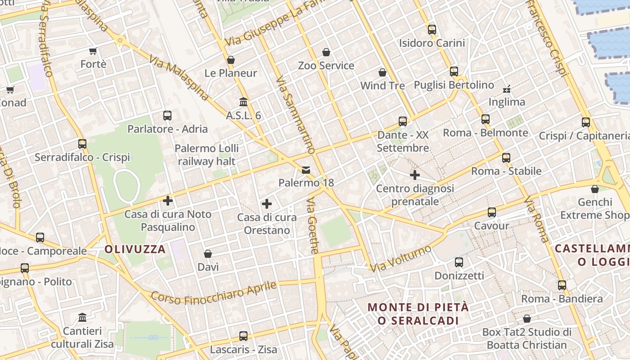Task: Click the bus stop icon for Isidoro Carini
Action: [432, 30]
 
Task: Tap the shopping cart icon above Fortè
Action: [93, 51]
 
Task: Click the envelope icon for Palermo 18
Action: [306, 170]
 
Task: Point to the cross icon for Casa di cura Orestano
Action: [267, 204]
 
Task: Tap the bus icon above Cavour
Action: [492, 212]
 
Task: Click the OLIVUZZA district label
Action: [135, 249]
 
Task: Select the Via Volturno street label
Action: [400, 258]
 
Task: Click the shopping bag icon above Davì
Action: [208, 254]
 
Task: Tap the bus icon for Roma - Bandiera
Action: [562, 285]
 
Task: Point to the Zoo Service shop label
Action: [326, 66]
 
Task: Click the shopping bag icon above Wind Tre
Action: [382, 72]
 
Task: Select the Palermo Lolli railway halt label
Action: [207, 154]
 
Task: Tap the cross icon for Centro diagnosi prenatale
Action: [415, 175]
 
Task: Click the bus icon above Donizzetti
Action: [459, 262]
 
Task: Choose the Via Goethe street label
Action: [314, 226]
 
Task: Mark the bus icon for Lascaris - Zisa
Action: [243, 336]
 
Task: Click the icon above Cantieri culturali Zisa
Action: [82, 318]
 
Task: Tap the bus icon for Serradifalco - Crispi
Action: [82, 144]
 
